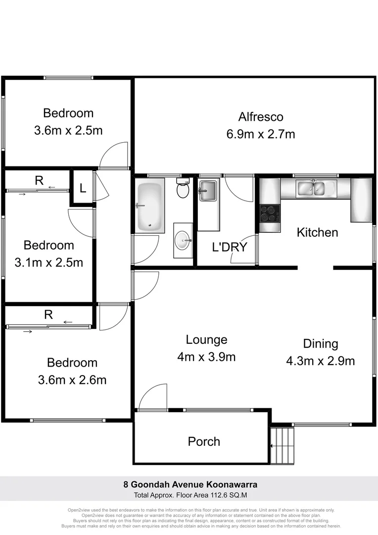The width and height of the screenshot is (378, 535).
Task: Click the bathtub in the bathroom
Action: (x=149, y=208)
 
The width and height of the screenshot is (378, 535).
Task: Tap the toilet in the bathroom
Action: (x=183, y=189)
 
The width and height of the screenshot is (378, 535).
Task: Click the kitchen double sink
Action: (x=310, y=188)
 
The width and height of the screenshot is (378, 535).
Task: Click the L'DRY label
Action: (x=229, y=247)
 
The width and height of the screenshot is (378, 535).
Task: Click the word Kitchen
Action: (x=317, y=232)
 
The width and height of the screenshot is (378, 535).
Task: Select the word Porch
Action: (x=204, y=441)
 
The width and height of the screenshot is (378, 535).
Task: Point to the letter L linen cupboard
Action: (x=83, y=188)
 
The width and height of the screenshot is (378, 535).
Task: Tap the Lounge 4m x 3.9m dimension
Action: (x=207, y=357)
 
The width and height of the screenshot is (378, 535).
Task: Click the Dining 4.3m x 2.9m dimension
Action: (x=320, y=361)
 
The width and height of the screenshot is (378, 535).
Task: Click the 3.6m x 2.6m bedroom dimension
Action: (x=72, y=380)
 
